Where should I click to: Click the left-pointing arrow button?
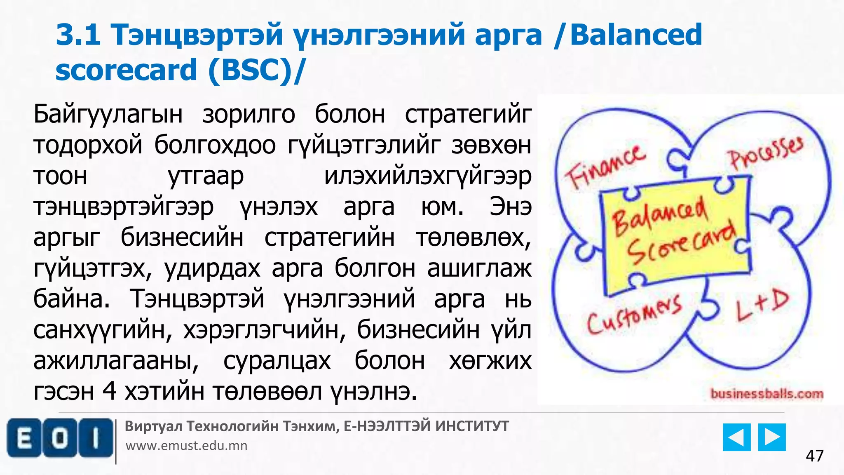736,437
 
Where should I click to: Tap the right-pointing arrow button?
772,437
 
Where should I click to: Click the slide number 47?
815,456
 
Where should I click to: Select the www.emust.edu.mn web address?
186,446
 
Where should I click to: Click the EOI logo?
60,438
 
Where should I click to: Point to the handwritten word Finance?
605,167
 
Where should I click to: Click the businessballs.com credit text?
767,394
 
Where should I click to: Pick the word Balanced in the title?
636,35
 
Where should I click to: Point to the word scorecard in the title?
126,70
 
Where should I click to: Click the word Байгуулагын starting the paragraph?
108,114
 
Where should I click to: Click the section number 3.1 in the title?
78,35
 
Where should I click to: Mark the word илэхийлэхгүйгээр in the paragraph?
428,176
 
